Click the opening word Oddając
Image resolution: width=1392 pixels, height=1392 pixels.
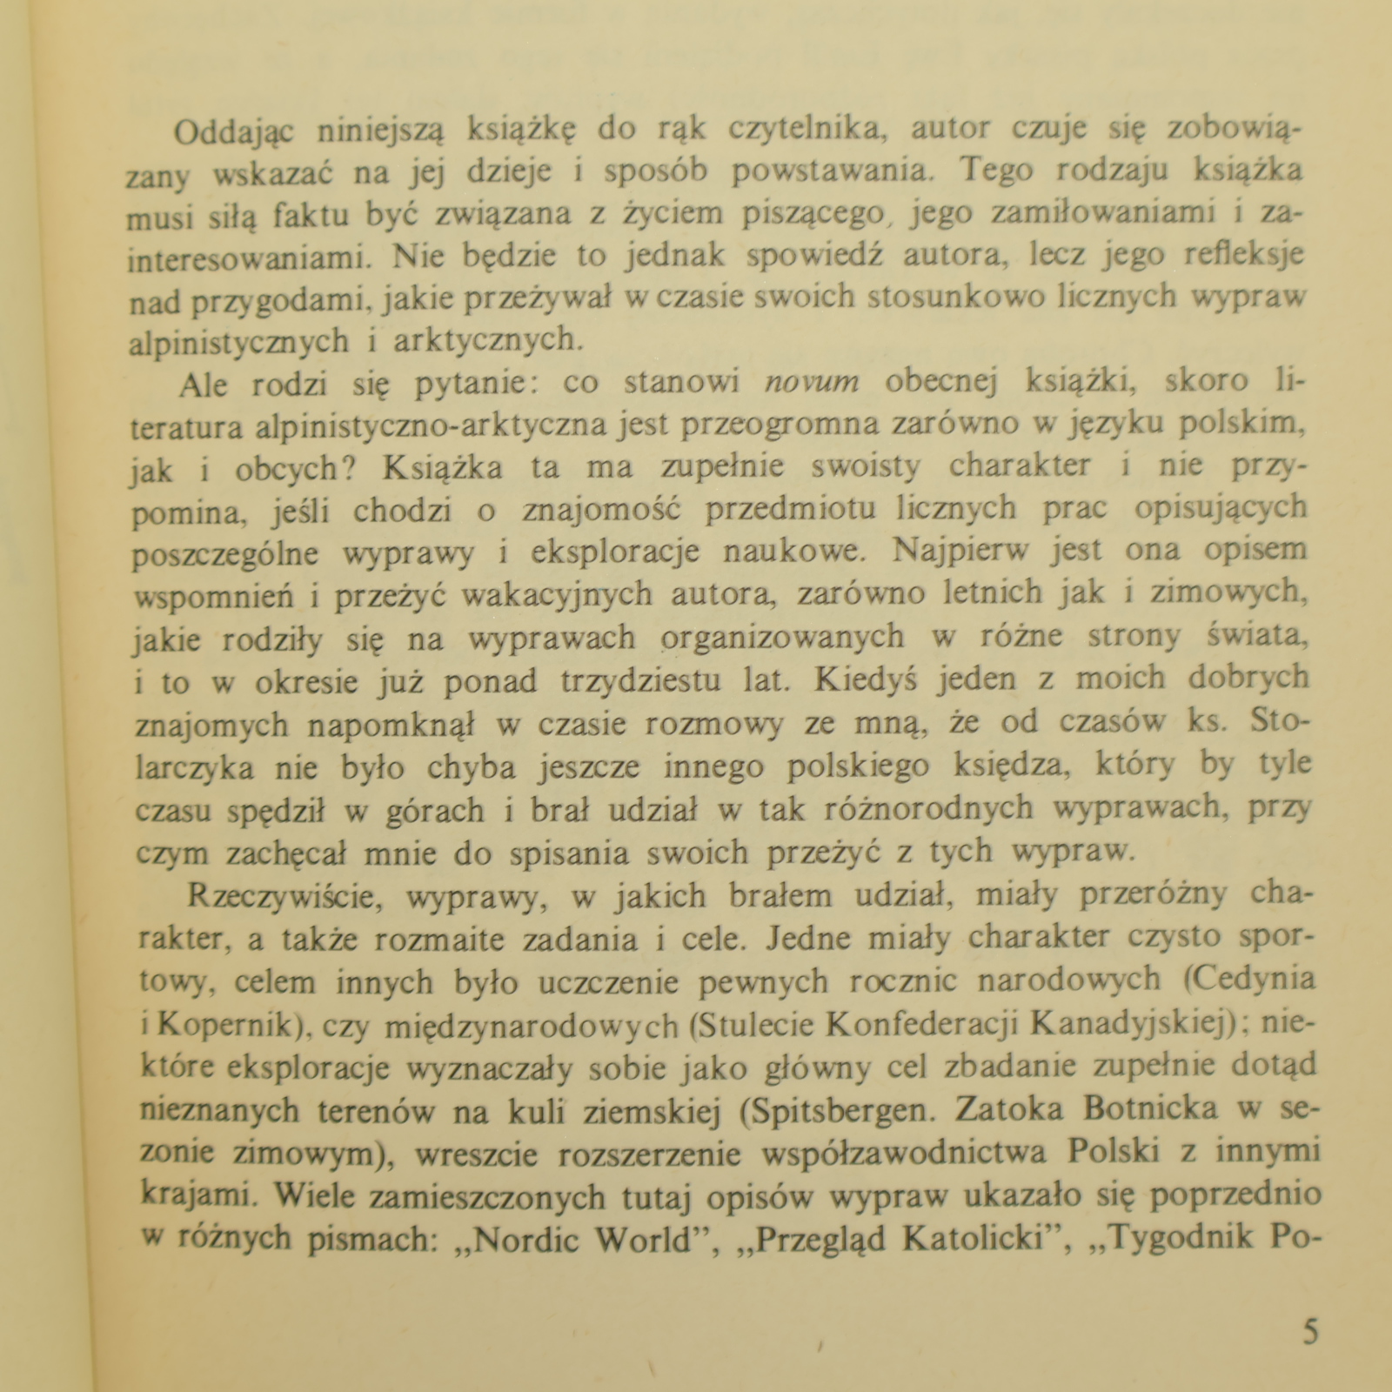pos(234,132)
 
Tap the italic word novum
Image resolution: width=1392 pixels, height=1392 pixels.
pos(811,382)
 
